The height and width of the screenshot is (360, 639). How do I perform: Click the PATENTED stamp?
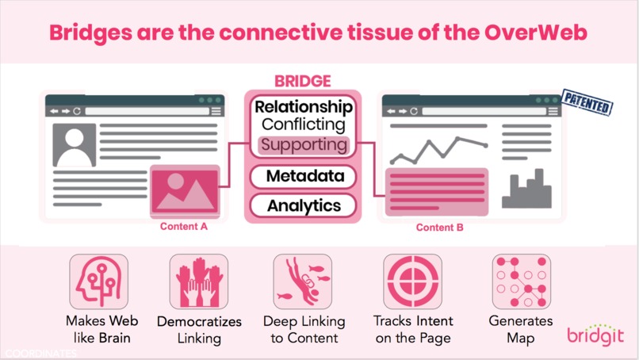tap(587, 103)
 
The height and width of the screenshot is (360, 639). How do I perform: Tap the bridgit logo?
tap(595, 335)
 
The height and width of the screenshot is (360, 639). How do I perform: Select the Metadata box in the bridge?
tap(303, 177)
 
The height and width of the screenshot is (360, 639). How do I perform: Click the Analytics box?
tap(303, 206)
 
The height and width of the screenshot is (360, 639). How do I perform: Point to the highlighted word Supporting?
tap(304, 145)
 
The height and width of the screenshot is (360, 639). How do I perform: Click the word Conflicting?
tap(304, 124)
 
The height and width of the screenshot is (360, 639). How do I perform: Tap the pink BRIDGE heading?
tap(303, 81)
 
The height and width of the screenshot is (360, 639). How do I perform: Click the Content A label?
tap(184, 227)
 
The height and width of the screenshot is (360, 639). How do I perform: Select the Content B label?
tap(440, 228)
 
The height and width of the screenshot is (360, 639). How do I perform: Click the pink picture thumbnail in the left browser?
tap(185, 190)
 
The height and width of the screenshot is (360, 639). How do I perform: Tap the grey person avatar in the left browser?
tap(75, 145)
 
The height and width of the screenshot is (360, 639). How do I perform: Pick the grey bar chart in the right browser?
tap(526, 189)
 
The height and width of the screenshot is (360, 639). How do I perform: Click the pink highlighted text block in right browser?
tap(437, 192)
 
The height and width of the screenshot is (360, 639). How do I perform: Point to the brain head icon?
tap(99, 281)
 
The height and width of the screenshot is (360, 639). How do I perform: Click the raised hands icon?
tap(199, 281)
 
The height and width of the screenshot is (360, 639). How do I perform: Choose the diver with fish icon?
tap(303, 281)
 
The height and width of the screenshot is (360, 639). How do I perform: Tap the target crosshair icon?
tap(413, 281)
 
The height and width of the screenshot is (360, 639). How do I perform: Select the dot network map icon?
tap(522, 281)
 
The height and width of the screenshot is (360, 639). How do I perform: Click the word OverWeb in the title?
tap(535, 33)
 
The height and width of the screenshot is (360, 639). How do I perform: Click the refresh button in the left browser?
tap(77, 111)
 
